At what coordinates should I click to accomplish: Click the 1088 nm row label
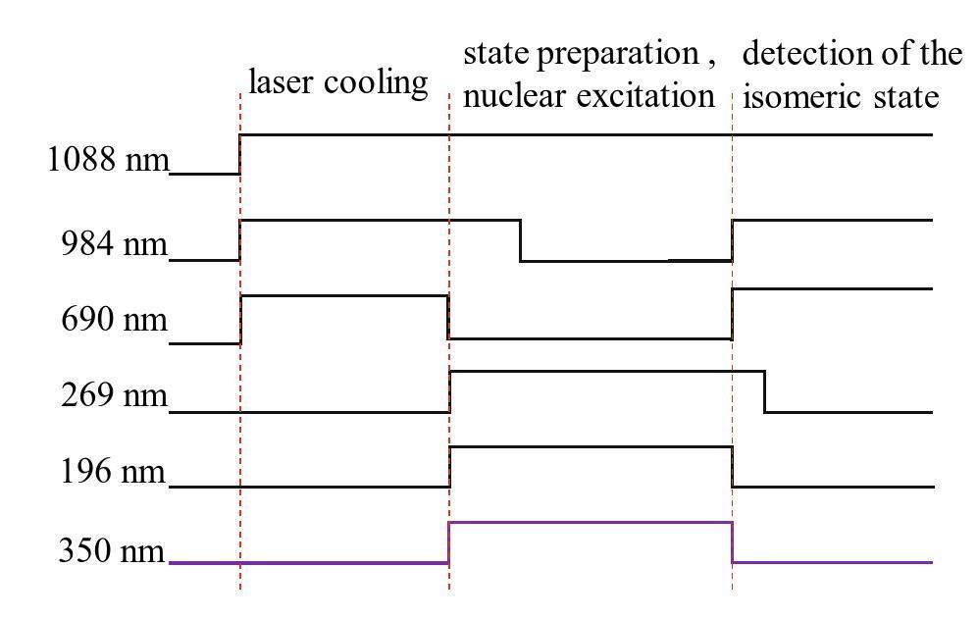107,160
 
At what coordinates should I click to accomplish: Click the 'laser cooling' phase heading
338,82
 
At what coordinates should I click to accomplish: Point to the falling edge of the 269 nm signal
765,391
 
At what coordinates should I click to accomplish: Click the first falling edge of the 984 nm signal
520,240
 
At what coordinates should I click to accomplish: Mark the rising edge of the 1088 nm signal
240,154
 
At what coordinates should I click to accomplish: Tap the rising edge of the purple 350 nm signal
449,542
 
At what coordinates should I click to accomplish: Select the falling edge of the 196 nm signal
733,466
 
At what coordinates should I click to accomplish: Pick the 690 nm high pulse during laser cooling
344,295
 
